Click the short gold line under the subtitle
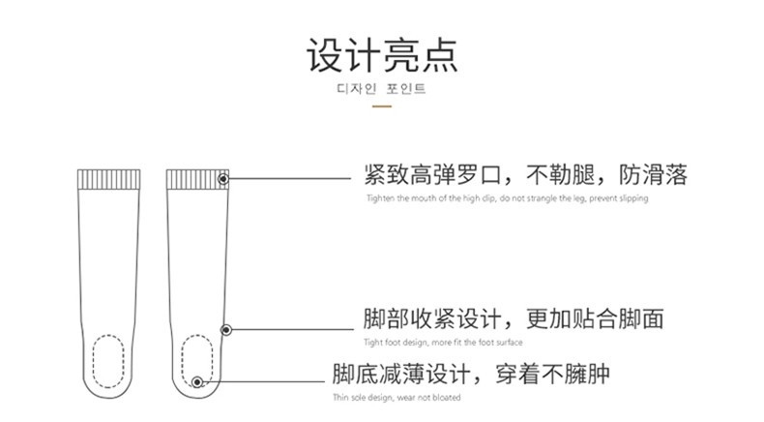tap(381, 105)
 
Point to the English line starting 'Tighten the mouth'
tap(507, 198)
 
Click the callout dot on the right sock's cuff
tap(223, 179)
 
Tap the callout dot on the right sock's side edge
tap(226, 328)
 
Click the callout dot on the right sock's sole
tap(197, 383)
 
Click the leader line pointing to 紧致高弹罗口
tap(290, 179)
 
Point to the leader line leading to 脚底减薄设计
tap(261, 383)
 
